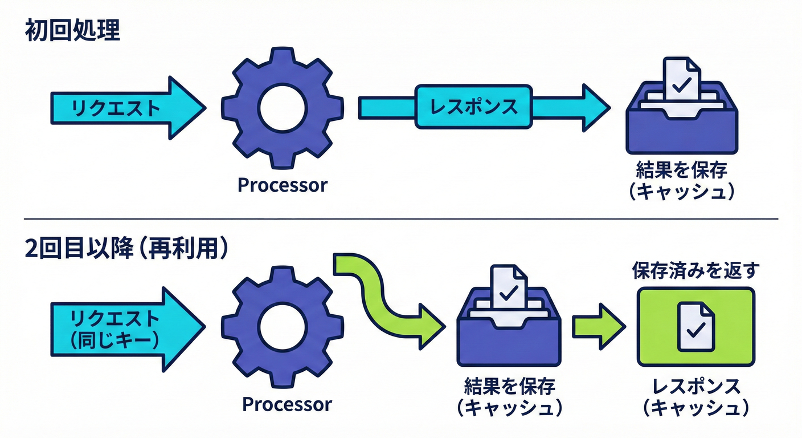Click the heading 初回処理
72,31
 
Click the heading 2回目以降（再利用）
126,250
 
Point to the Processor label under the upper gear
283,185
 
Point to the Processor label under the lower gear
287,404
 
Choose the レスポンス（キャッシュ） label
696,398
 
